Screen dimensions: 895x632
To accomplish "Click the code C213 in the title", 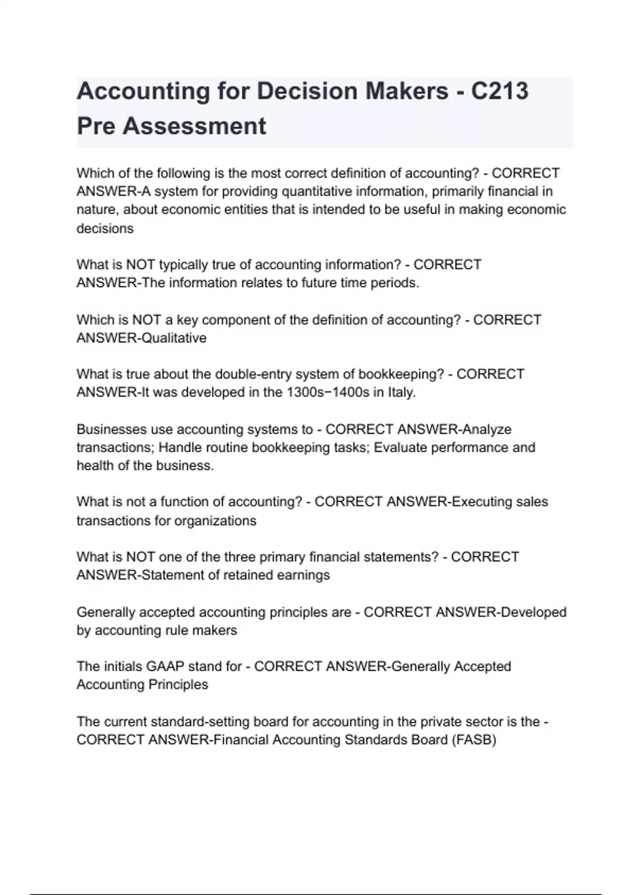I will click(x=499, y=91).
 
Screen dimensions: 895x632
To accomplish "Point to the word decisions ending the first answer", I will click(x=105, y=228).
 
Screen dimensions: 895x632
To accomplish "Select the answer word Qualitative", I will click(x=174, y=338).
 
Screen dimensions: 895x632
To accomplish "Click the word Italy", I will click(x=402, y=392).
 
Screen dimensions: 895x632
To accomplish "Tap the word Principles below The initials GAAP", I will click(x=179, y=684).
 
